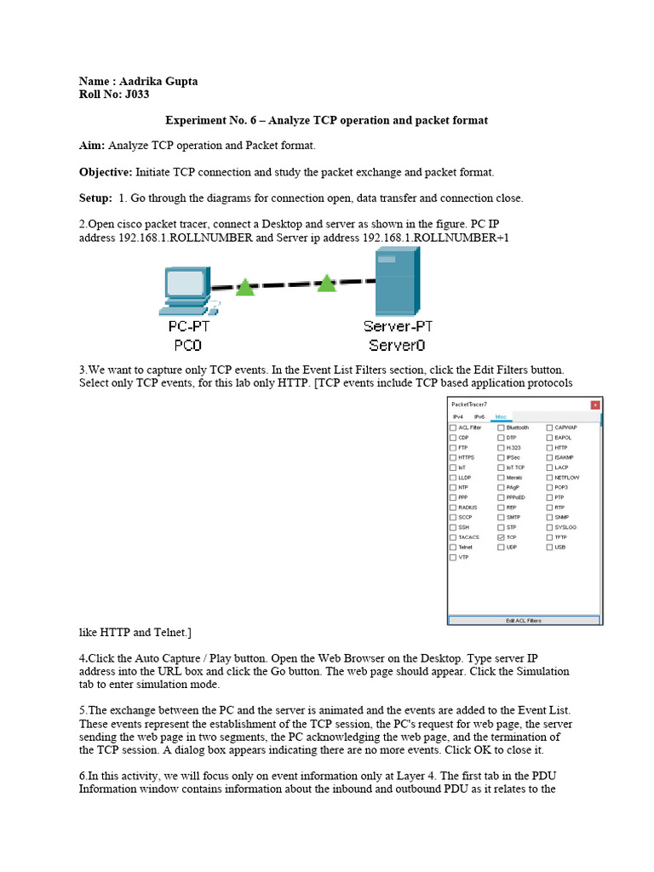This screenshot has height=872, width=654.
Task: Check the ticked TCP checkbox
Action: (x=501, y=537)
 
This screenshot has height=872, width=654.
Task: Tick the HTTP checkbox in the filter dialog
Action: (x=549, y=447)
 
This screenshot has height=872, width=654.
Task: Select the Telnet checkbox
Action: (x=453, y=548)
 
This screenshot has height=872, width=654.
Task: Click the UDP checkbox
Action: (x=501, y=548)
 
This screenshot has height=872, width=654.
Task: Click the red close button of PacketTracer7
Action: (x=594, y=404)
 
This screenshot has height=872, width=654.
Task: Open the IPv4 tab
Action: (x=458, y=416)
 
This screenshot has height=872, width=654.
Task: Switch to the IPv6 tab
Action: (x=479, y=416)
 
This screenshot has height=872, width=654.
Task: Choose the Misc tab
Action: (x=501, y=416)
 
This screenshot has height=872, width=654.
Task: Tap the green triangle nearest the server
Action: (x=326, y=283)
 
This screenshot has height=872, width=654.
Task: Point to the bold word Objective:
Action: (x=105, y=172)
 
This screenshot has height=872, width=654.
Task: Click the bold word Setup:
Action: (x=95, y=198)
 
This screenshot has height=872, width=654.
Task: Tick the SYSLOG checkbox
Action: (x=549, y=527)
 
